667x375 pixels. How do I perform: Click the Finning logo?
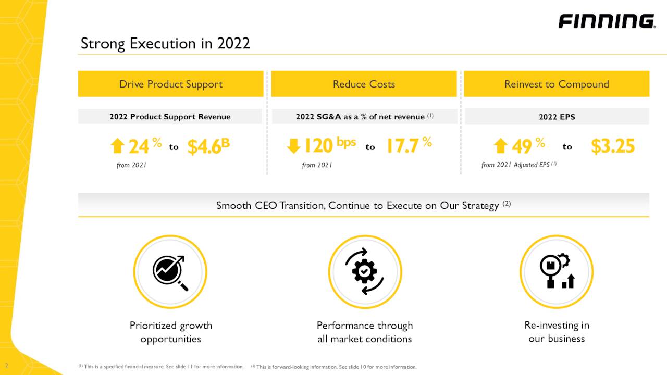(x=607, y=21)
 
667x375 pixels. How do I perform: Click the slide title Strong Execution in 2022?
(x=165, y=43)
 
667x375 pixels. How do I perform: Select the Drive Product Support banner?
(x=170, y=84)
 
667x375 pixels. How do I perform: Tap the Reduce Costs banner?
(x=364, y=84)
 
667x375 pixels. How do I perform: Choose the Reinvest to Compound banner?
(x=557, y=84)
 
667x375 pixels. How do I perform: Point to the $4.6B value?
(x=208, y=147)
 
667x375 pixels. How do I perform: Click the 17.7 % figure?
(x=409, y=146)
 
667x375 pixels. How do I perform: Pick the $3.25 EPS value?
(x=613, y=146)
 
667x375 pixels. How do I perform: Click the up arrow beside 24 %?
(x=118, y=146)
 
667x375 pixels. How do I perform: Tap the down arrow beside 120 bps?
(x=294, y=146)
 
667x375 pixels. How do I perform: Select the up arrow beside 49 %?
(x=500, y=146)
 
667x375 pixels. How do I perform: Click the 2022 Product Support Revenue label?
(x=170, y=117)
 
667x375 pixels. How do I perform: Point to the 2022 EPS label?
(x=557, y=117)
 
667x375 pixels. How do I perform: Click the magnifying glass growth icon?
(x=170, y=271)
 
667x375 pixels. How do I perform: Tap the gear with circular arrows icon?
(x=365, y=271)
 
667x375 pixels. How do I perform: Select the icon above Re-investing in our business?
(x=556, y=271)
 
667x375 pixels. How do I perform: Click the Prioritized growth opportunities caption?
(x=170, y=332)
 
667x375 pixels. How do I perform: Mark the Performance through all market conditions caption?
(x=365, y=332)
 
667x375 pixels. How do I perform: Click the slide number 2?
(x=6, y=365)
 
